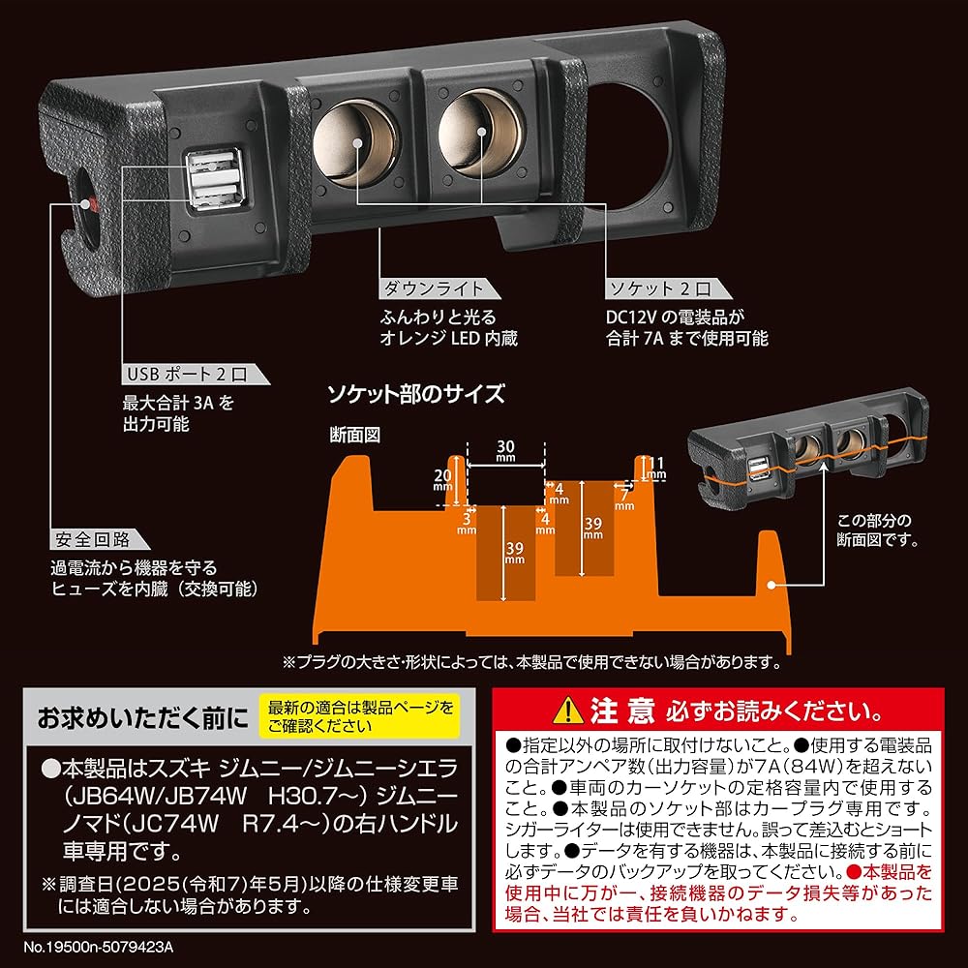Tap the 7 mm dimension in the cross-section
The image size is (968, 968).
pos(625,499)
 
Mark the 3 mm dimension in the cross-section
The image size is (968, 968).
pos(467,524)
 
